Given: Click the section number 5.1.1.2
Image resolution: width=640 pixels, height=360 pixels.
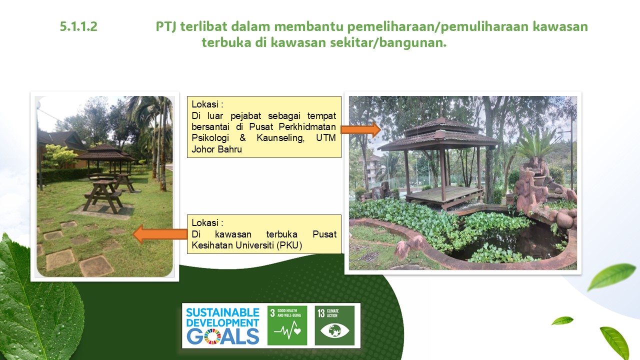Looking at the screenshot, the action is click(78, 26).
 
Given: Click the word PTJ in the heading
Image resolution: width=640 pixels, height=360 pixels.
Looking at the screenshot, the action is click(166, 26).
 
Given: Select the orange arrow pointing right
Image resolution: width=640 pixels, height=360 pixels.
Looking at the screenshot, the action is click(361, 129).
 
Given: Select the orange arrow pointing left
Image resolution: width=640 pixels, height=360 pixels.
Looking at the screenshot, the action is click(160, 234).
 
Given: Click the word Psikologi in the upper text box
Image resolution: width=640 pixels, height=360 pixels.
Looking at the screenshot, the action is click(210, 138).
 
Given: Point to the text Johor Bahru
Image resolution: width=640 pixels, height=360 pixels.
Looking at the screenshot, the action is click(216, 149).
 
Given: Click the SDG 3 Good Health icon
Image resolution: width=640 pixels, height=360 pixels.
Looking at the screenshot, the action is click(287, 325).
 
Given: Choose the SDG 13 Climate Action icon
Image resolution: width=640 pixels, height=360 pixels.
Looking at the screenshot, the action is click(334, 325).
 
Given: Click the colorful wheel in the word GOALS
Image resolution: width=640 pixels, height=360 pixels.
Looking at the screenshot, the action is click(212, 336).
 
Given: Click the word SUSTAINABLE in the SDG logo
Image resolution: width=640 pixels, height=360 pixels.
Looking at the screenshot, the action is click(222, 312).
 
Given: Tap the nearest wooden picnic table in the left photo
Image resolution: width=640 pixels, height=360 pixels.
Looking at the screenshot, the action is click(103, 195).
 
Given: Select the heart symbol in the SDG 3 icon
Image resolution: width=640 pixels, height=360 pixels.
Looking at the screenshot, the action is click(297, 331).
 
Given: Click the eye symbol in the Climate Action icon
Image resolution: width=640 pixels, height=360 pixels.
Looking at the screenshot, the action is click(334, 330).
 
